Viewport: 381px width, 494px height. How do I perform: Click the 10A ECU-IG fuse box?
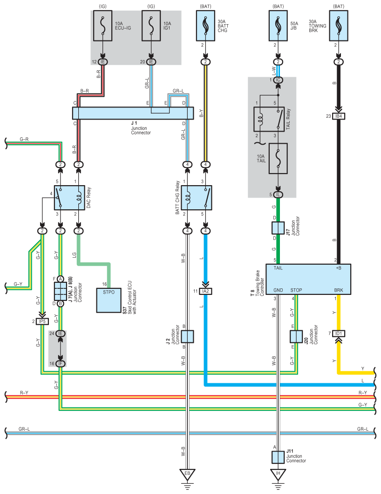[x=103, y=26]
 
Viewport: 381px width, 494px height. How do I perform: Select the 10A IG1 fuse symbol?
[x=151, y=26]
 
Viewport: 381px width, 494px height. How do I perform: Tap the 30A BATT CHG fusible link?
[x=206, y=26]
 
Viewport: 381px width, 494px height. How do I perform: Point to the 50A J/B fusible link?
[x=278, y=26]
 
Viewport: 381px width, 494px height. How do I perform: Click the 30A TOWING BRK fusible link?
[x=339, y=26]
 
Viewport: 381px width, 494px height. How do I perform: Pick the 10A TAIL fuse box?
[x=278, y=159]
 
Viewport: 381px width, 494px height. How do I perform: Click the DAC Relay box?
[x=69, y=198]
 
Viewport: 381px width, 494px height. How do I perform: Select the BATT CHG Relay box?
[x=197, y=198]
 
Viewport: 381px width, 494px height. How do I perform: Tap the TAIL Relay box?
[x=269, y=120]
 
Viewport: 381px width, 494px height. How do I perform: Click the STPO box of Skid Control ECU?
[x=109, y=300]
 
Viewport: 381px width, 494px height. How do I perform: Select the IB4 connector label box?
[x=339, y=116]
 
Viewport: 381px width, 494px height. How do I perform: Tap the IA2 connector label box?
[x=206, y=291]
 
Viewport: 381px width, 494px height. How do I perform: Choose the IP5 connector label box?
[x=42, y=322]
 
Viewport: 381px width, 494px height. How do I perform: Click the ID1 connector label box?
[x=339, y=334]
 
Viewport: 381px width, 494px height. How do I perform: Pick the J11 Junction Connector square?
[x=278, y=457]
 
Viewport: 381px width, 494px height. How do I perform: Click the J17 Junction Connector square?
[x=278, y=228]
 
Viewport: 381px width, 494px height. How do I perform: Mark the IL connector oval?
[x=278, y=195]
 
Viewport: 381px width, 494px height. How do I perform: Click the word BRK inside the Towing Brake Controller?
[x=339, y=290]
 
